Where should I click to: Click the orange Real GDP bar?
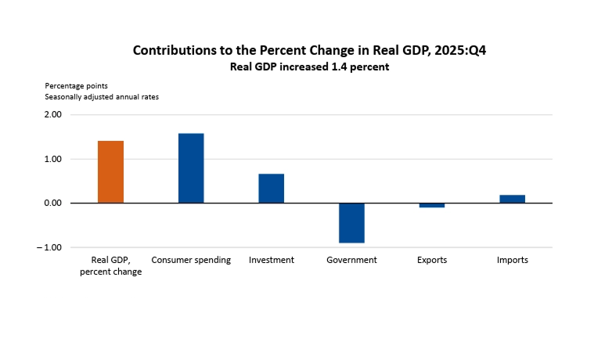[x=110, y=171]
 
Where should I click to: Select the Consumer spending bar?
[x=191, y=168]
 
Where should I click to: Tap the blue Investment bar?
[x=271, y=188]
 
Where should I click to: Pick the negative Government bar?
[x=351, y=222]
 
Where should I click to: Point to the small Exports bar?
[x=432, y=205]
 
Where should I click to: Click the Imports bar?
[x=512, y=199]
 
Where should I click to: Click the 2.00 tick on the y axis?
[x=52, y=115]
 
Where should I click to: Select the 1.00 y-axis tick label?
[x=52, y=159]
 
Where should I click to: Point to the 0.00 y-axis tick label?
[x=52, y=203]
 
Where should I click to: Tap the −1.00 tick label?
[x=50, y=247]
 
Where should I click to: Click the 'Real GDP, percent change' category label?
[x=110, y=265]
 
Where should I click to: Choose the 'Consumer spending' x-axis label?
[x=191, y=260]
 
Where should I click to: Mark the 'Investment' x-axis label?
[x=271, y=260]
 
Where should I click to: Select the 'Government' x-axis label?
[x=351, y=260]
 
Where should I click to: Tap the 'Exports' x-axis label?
[x=432, y=260]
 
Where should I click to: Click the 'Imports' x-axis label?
[x=512, y=260]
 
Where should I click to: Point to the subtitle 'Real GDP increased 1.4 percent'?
[x=309, y=67]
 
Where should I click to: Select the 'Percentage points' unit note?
[x=76, y=85]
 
